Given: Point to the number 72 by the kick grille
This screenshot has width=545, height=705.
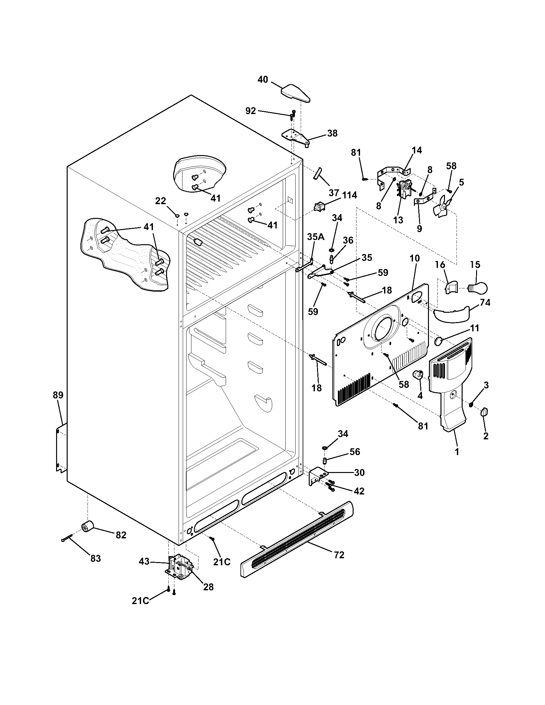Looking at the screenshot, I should (x=339, y=555).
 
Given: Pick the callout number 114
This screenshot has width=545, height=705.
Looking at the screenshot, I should (x=349, y=195).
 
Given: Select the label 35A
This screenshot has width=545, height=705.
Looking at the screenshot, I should (x=315, y=236).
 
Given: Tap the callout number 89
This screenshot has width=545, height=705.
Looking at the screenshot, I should (x=58, y=395).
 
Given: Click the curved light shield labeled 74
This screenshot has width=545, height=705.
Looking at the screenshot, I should (x=451, y=315).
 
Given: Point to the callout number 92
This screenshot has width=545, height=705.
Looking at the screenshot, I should (x=251, y=111).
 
